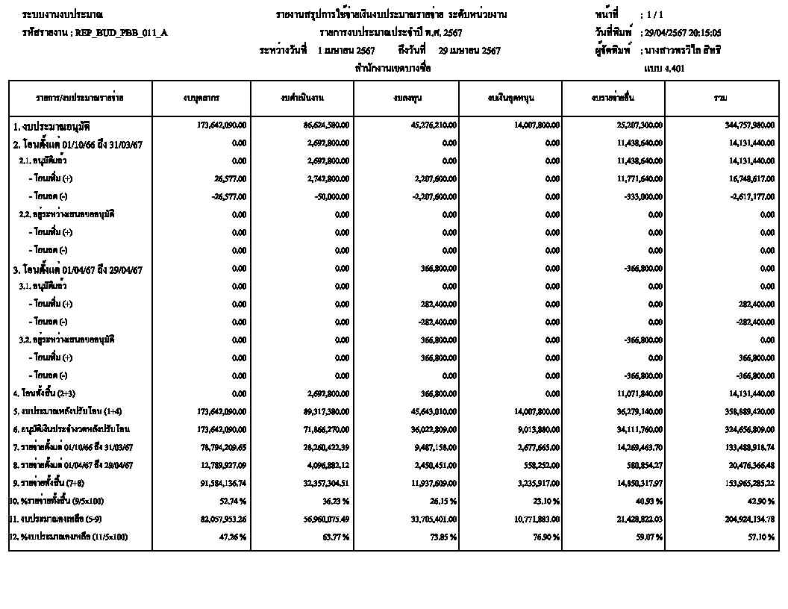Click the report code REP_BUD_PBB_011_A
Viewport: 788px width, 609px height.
[x=119, y=33]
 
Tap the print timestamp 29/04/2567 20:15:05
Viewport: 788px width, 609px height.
[x=681, y=33]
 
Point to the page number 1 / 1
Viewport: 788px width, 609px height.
[x=655, y=15]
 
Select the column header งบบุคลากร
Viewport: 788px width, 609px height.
[x=201, y=98]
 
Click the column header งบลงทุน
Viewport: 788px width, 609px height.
[x=406, y=98]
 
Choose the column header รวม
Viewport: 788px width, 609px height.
[x=721, y=98]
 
